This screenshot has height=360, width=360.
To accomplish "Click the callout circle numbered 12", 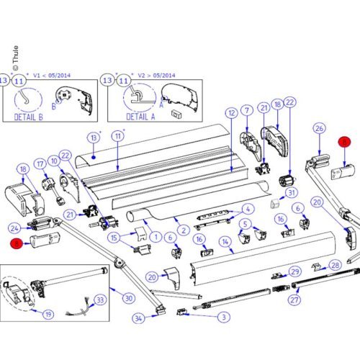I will click(x=231, y=113).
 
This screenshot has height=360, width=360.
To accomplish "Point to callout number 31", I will click(x=291, y=192).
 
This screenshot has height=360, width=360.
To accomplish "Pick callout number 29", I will click(x=294, y=271).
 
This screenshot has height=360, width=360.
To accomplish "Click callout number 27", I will click(x=294, y=300).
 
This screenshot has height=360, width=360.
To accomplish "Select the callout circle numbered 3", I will click(x=225, y=316).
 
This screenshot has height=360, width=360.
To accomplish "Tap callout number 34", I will click(x=138, y=318).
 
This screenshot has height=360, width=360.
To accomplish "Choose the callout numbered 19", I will click(x=48, y=315).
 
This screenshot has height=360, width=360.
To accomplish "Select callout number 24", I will click(x=14, y=228).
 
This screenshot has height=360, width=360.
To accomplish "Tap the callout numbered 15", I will click(x=113, y=238).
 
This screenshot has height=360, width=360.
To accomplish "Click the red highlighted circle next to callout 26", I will click(x=344, y=143).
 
